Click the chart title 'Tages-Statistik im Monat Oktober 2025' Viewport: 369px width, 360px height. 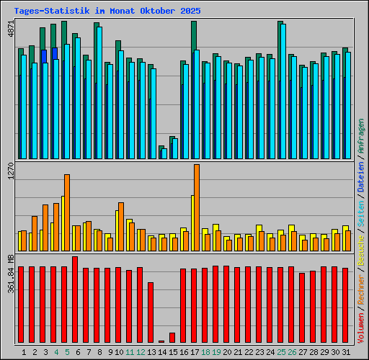[107, 12]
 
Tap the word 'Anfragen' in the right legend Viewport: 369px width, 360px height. [360, 138]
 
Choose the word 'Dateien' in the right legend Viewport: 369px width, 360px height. [360, 177]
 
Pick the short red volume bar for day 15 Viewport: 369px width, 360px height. [172, 338]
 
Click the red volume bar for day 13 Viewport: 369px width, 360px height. [151, 312]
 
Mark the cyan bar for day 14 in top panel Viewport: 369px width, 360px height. [164, 153]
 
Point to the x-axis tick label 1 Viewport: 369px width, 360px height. [25, 352]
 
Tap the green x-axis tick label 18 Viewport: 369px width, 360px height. [205, 352]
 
